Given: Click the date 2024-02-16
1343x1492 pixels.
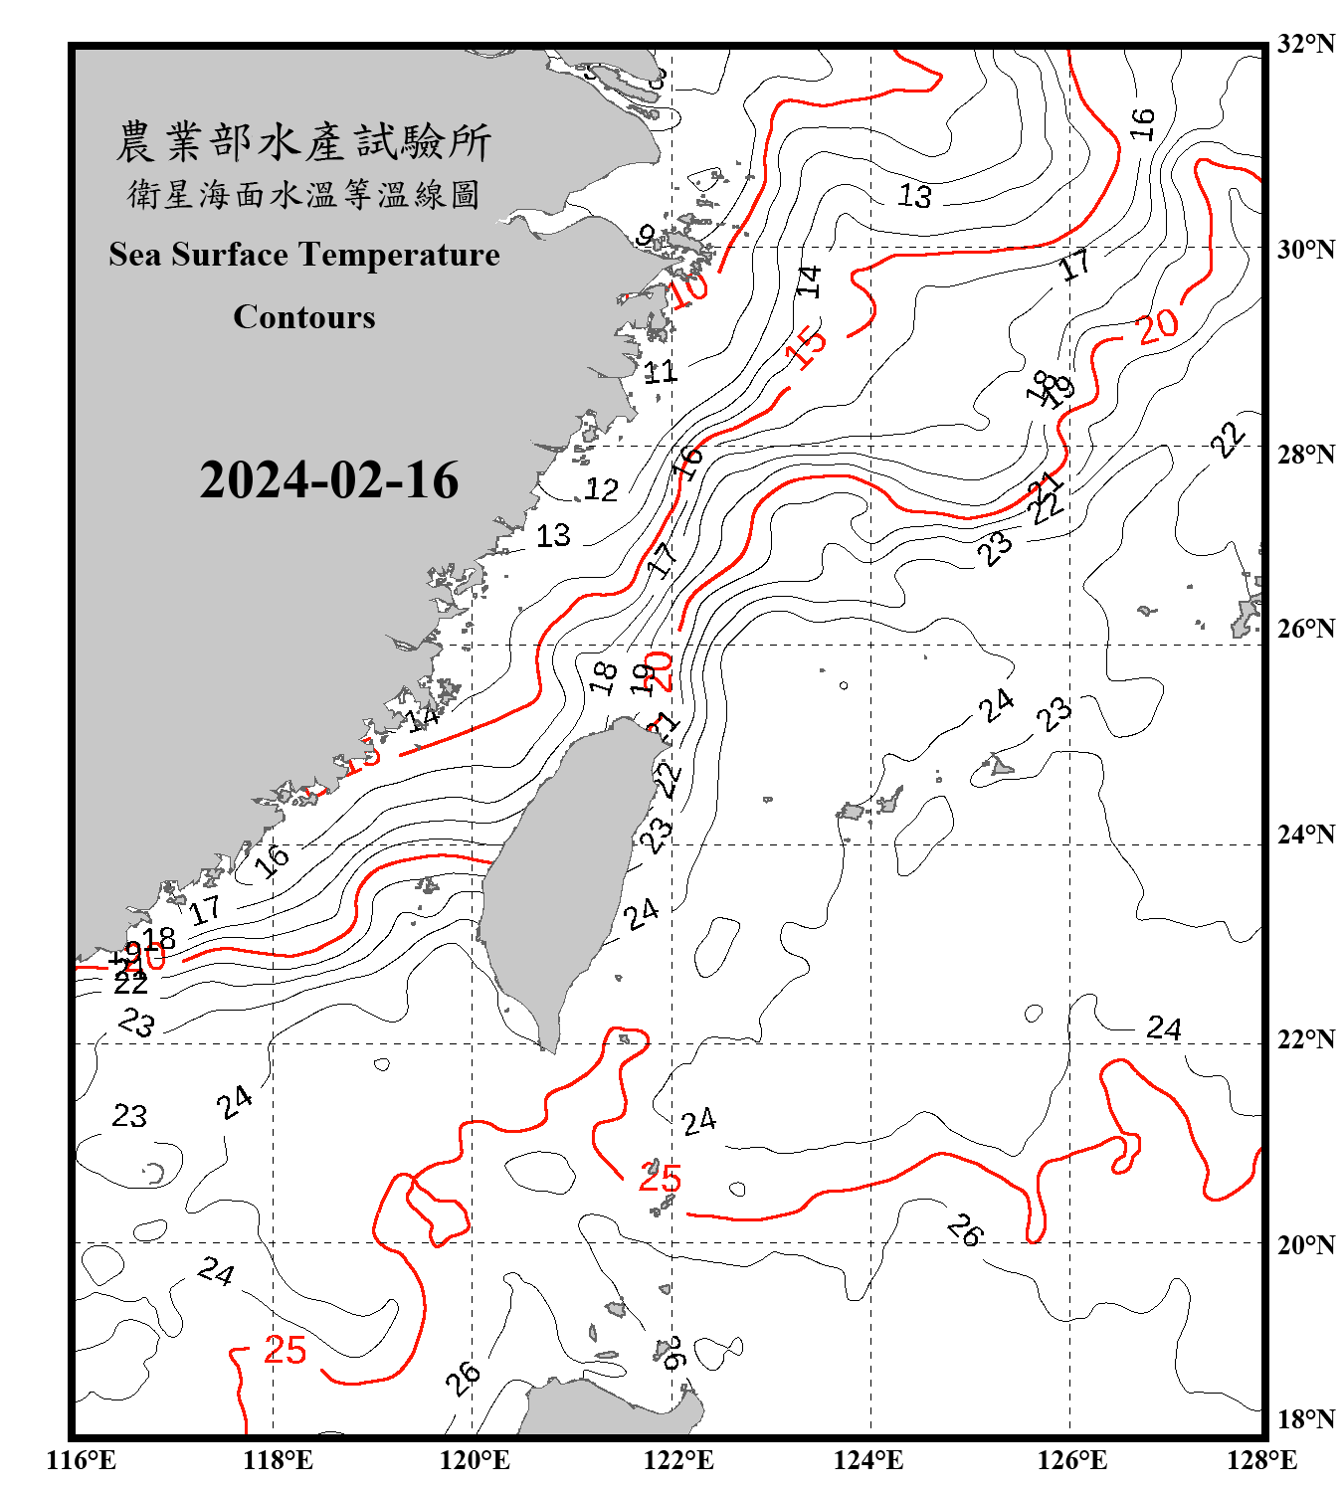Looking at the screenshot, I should [328, 480].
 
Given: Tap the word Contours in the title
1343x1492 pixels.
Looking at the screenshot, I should [304, 317].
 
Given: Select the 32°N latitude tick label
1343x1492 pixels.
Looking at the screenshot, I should [1305, 44].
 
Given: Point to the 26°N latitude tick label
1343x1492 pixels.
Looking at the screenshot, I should [1305, 629].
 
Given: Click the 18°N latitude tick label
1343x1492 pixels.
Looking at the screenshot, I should [1305, 1419].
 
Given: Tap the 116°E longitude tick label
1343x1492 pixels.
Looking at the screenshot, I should [82, 1460].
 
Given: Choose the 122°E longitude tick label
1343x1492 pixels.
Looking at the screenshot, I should [678, 1460].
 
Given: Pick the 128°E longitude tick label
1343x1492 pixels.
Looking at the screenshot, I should [1261, 1460].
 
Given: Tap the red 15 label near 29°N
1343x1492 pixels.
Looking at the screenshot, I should [806, 347].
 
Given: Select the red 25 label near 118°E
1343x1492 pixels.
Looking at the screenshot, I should [286, 1350].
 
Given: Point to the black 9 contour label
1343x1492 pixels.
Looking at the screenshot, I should [646, 236].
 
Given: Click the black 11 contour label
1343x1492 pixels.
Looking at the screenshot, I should [660, 372].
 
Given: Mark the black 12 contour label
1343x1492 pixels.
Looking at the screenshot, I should [601, 489].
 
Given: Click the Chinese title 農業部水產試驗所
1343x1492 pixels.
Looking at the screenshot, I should [304, 142].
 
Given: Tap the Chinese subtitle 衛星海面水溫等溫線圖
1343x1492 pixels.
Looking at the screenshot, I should [304, 194].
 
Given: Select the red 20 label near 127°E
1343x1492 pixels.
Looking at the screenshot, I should [1158, 324].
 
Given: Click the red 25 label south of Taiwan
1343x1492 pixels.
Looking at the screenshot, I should [660, 1178].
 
